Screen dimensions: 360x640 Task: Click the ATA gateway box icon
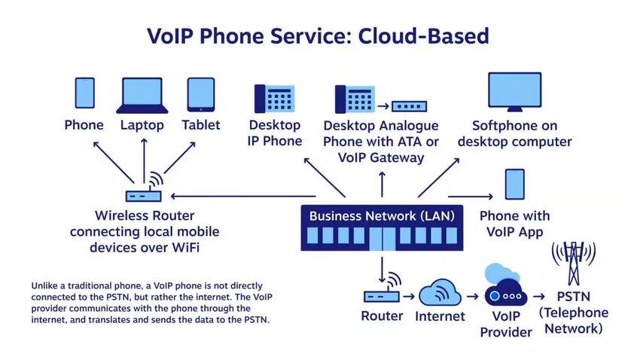coord(409,106)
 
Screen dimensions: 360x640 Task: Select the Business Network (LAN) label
coord(382,215)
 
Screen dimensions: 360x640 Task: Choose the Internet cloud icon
coord(440,293)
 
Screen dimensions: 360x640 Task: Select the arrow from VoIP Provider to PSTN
coord(540,297)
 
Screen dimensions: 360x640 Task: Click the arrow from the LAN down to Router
coord(382,267)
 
